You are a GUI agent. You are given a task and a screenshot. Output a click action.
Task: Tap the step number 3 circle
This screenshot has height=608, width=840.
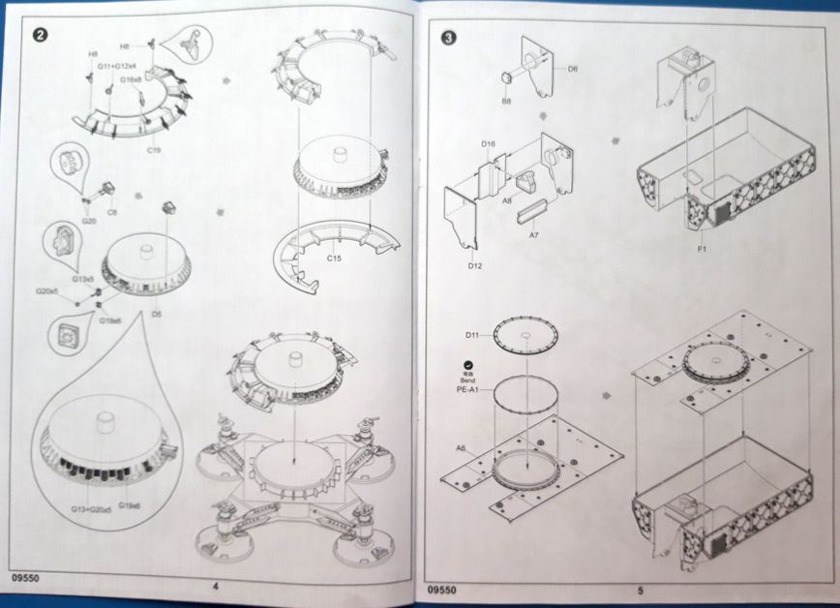point(449,40)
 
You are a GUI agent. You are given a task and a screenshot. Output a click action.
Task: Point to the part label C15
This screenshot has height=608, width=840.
point(335,258)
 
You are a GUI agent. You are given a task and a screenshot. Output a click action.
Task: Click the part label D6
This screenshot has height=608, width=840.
point(573,69)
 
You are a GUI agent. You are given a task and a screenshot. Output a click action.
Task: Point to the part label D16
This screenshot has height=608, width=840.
point(489,144)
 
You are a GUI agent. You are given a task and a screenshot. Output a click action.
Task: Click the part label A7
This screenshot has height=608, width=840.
point(533,234)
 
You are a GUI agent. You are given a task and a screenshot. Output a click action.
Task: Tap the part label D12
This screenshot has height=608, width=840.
point(475,264)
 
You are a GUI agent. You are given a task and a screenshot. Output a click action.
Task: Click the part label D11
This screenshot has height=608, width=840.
point(472,335)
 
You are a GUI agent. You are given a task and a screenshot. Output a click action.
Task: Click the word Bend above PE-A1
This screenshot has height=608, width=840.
point(468,377)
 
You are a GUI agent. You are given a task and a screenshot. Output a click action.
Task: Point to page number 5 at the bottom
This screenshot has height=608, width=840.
point(640,589)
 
